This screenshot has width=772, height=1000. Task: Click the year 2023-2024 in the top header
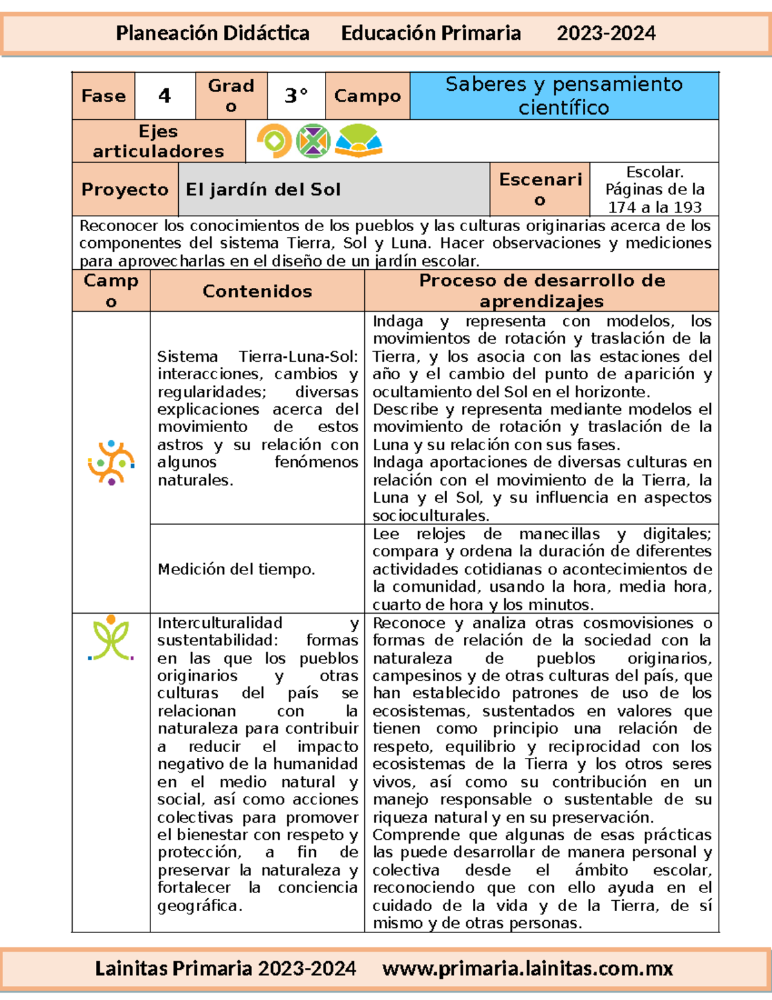click(605, 33)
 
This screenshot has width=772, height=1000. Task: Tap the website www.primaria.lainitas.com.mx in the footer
click(527, 968)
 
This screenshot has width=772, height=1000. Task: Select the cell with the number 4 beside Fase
click(165, 96)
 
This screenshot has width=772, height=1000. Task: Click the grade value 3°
click(296, 96)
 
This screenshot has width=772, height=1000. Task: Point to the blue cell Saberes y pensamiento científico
click(564, 96)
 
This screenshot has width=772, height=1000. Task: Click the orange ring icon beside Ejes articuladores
click(275, 140)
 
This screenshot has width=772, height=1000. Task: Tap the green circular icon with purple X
click(313, 140)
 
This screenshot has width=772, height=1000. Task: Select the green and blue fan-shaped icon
click(358, 141)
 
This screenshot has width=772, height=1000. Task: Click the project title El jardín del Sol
click(263, 189)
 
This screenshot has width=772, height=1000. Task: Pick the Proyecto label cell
click(125, 189)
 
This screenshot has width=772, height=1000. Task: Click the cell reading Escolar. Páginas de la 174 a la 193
click(654, 189)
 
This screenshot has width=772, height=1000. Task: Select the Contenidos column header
click(257, 291)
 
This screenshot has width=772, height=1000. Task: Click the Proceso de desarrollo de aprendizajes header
click(541, 291)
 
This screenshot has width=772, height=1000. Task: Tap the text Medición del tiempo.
click(236, 569)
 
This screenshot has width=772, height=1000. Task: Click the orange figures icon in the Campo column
click(111, 462)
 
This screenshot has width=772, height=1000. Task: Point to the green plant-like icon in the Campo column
click(111, 639)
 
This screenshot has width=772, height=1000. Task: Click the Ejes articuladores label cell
click(158, 141)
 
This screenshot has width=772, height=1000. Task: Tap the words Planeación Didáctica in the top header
click(212, 33)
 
